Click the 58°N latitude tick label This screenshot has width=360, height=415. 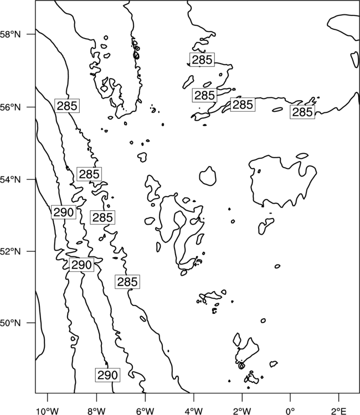pos(11,34)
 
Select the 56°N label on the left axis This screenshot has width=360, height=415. pos(11,107)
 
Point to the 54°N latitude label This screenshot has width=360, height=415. pos(11,179)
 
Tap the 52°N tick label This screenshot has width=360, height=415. pos(11,251)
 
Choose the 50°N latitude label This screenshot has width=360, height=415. pos(11,323)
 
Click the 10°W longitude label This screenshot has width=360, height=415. pos(48,411)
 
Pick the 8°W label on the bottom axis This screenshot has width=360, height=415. pos(96,411)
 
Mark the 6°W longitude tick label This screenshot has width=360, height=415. pos(145,411)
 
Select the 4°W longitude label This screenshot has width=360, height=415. pos(194,411)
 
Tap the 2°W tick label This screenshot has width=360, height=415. pos(242,411)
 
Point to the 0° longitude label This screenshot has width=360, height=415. pos(290,411)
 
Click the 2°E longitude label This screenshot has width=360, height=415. pos(339,411)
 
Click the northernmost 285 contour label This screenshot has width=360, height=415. pos(202,60)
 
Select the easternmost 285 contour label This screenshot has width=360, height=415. pos(302,112)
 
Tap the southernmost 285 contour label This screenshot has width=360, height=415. pos(127,282)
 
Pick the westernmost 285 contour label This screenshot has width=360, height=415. pos(67,106)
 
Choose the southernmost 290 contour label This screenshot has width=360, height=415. pos(107,375)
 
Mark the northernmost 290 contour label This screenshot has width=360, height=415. pos(64,212)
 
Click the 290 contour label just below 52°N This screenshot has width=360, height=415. pos(81,264)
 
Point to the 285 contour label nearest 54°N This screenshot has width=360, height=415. pos(89,174)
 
